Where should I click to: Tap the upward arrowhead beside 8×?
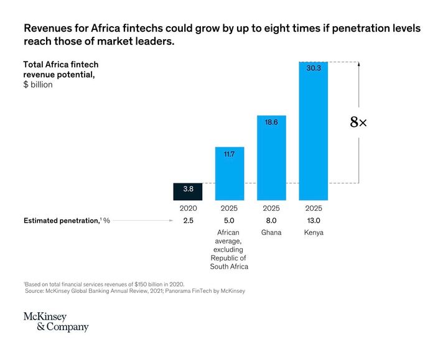pos(360,65)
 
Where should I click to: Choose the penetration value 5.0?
pos(228,221)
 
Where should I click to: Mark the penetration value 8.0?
pos(271,221)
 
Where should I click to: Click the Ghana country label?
pos(271,233)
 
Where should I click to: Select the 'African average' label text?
pos(228,237)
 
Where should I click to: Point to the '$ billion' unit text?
pos(38,85)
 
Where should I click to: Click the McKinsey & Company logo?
pos(56,322)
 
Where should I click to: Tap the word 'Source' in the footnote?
pos(35,291)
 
